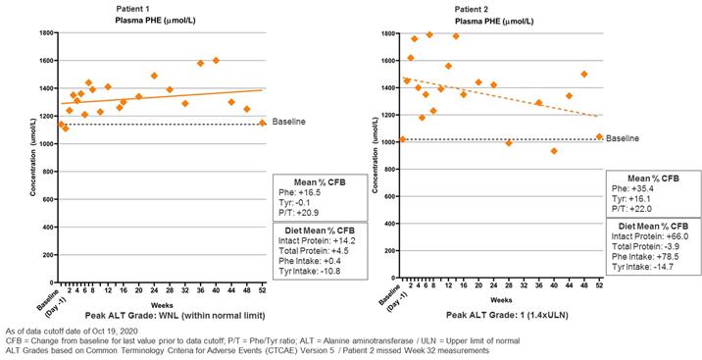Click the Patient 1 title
(x=133, y=9)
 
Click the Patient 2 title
(x=472, y=10)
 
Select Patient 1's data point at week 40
(x=216, y=61)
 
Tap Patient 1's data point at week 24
(x=154, y=76)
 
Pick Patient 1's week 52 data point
(x=263, y=123)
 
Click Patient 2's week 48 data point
(x=583, y=74)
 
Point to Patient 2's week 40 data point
(x=554, y=151)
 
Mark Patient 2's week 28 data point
(x=508, y=143)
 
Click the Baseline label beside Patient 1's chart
(x=289, y=122)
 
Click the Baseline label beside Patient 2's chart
(x=623, y=138)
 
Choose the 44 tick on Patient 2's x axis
(x=569, y=284)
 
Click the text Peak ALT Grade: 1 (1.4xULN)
(x=507, y=315)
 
